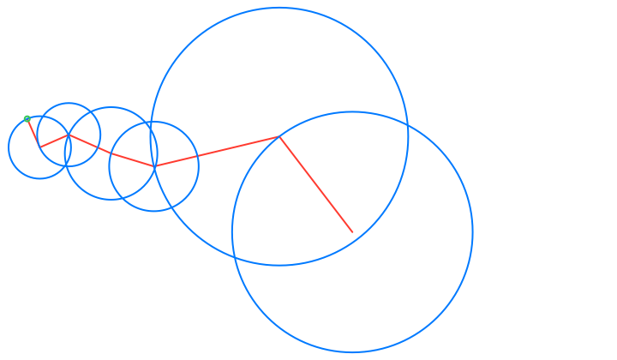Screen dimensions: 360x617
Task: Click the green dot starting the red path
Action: (x=27, y=118)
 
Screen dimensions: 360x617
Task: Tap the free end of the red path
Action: (x=352, y=232)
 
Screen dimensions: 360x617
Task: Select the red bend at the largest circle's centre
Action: (x=279, y=136)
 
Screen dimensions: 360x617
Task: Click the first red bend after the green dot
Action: (x=40, y=147)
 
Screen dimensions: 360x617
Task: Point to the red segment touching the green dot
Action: (x=33, y=133)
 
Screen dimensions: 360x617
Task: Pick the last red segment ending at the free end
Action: (x=315, y=184)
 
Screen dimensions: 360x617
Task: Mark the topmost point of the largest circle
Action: (x=279, y=8)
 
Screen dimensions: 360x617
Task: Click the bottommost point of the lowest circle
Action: (x=352, y=352)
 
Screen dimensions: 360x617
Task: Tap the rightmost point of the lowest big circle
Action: (x=473, y=232)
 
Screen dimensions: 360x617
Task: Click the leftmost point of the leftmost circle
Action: (x=9, y=147)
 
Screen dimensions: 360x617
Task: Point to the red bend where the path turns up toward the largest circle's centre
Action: (x=154, y=165)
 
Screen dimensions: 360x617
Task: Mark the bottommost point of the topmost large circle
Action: (x=279, y=266)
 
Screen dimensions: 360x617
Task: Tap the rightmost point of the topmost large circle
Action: (x=409, y=136)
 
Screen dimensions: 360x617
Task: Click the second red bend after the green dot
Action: (x=69, y=135)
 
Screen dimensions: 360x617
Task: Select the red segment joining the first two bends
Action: (x=55, y=141)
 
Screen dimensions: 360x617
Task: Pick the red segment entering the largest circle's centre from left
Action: (x=217, y=151)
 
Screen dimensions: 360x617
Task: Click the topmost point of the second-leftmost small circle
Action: (x=69, y=103)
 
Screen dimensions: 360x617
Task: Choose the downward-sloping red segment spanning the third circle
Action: (x=111, y=150)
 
